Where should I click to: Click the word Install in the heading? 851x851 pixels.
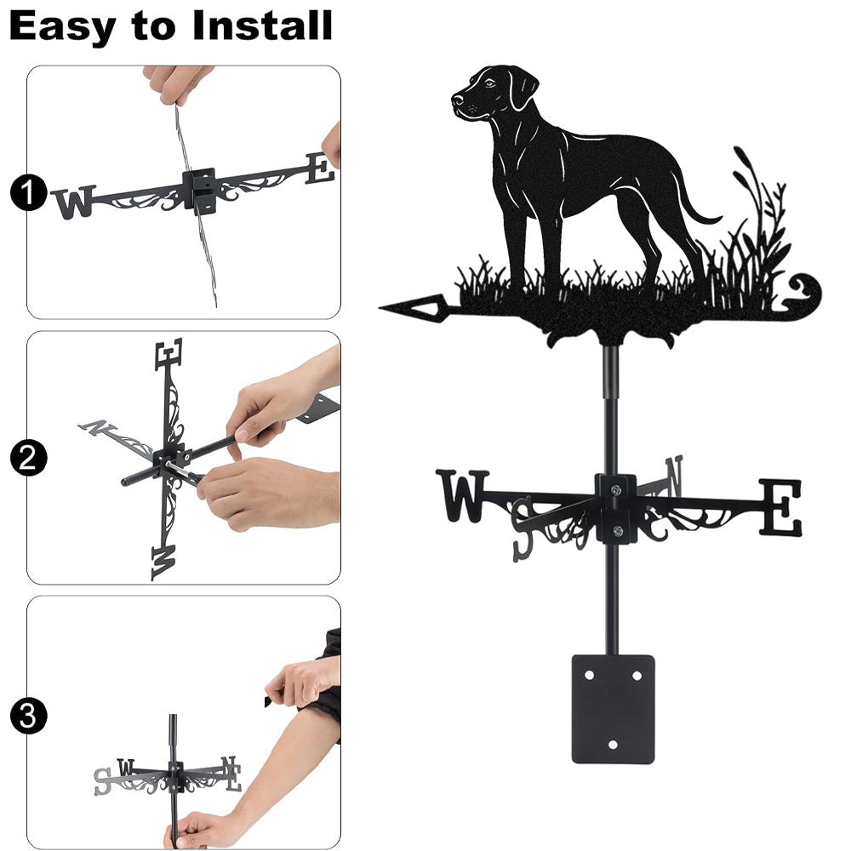(x=262, y=26)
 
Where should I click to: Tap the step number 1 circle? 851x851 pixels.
(x=28, y=192)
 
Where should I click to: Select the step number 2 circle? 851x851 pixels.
(x=28, y=458)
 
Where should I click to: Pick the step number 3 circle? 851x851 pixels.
(x=28, y=716)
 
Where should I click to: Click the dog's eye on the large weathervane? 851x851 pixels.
(x=490, y=83)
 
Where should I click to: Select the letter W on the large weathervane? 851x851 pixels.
(x=462, y=496)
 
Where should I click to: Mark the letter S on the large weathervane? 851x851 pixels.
(x=523, y=529)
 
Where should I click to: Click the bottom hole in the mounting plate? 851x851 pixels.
(x=613, y=745)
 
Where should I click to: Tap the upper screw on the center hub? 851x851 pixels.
(x=615, y=490)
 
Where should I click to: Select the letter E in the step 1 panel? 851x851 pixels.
(x=320, y=168)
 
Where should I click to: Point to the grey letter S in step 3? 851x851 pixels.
(x=102, y=781)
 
